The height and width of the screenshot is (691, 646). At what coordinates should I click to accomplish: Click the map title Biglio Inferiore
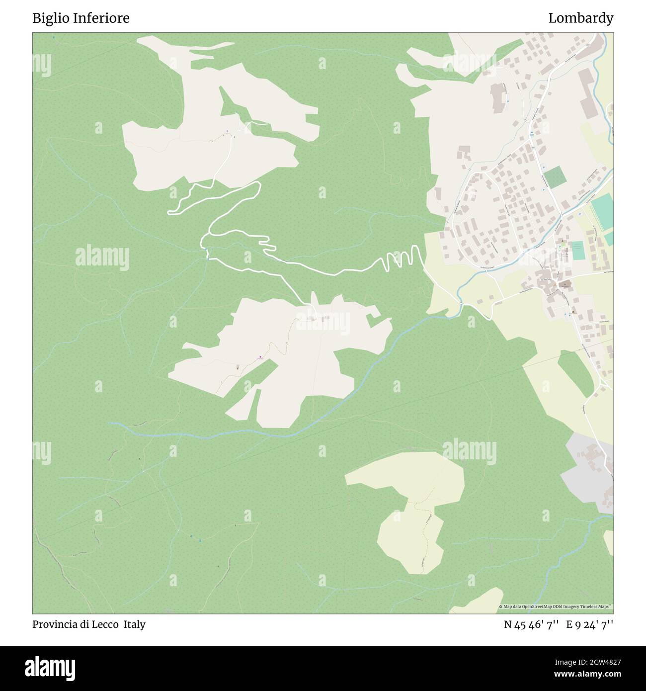click(x=81, y=18)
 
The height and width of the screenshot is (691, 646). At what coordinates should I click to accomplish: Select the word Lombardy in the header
click(x=580, y=18)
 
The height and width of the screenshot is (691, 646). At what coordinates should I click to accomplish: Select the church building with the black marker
click(x=565, y=285)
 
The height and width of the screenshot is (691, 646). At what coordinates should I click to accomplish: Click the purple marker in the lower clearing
click(x=261, y=356)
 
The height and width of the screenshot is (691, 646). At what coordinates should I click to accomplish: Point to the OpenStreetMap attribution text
click(x=556, y=606)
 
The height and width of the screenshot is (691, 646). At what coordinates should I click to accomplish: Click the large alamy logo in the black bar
click(x=50, y=668)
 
